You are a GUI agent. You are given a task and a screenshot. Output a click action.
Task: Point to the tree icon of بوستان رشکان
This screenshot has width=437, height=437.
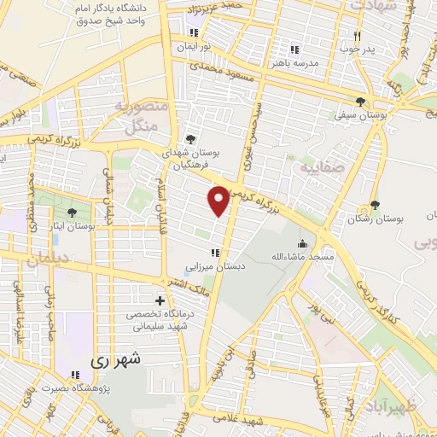point(374,205)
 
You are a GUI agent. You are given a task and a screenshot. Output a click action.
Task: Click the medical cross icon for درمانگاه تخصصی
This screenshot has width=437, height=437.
point(160,300)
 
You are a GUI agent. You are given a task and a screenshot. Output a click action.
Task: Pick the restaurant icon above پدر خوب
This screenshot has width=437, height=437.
point(358,36)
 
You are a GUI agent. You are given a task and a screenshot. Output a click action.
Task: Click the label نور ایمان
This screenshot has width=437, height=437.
point(195,47)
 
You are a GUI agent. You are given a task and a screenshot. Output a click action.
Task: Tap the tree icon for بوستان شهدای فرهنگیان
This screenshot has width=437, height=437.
point(189,140)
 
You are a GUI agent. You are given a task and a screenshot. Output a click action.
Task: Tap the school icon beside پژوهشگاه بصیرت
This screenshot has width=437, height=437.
point(75,374)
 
